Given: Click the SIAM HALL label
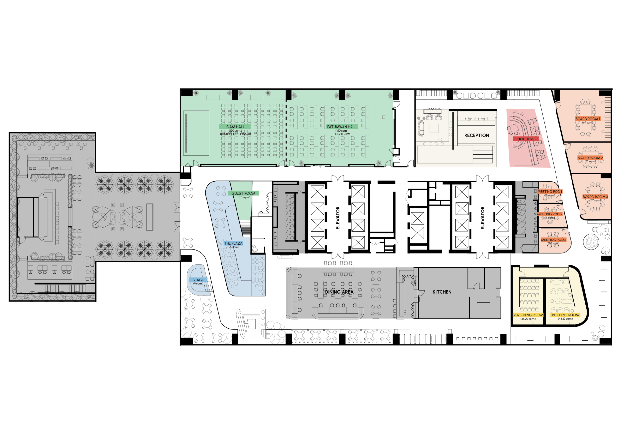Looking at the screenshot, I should point(235,127).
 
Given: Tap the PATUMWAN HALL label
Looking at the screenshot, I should point(342,127).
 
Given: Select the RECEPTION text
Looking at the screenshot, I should point(476,135).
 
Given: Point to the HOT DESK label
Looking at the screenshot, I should point(525,139).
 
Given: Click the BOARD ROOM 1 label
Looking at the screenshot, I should point(588,119).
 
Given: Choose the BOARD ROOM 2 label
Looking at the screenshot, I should point(590,158).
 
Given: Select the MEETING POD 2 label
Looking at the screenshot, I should point(549,214).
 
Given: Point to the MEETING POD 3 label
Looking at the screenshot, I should point(553,240).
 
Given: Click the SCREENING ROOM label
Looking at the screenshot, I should point(528,315).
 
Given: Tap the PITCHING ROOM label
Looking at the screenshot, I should point(565,315).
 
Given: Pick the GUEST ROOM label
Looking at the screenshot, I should point(243,193).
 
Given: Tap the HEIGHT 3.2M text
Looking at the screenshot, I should point(342,134).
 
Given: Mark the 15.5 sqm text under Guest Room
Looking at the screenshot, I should point(243,197).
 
